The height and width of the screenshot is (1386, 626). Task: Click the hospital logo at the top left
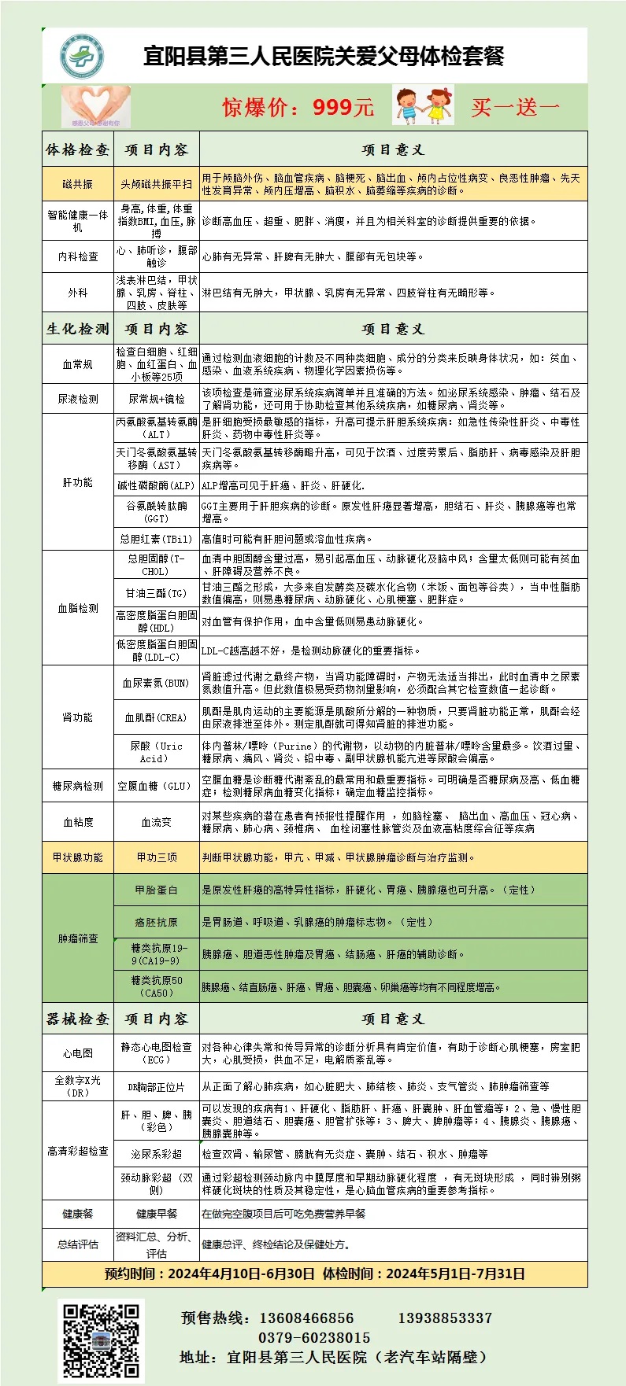(x=82, y=57)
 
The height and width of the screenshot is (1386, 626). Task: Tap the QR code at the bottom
(x=102, y=1341)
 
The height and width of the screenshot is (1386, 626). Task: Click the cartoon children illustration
(x=424, y=105)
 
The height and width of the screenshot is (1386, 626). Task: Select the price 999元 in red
(x=343, y=107)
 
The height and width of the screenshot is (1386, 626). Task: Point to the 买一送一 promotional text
(x=515, y=107)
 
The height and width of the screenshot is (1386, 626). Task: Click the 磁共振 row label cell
(x=78, y=184)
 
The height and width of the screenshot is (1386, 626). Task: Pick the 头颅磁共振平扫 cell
(x=157, y=184)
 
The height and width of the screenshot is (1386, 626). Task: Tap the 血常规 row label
(x=78, y=364)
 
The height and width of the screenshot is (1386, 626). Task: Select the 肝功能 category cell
(x=78, y=482)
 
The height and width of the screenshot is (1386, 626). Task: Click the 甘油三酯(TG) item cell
(x=157, y=593)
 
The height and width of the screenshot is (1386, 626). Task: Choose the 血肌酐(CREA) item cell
(x=157, y=717)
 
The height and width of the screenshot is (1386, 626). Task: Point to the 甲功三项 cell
(x=157, y=857)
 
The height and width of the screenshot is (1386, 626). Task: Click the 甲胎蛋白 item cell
(x=157, y=890)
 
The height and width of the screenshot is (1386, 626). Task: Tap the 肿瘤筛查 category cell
(x=78, y=938)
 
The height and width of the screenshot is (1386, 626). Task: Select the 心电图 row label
(x=78, y=1053)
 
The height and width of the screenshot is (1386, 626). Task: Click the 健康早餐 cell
(x=157, y=1214)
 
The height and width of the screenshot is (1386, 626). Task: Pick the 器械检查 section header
(x=78, y=1019)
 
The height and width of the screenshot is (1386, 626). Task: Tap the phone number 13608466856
(x=306, y=1318)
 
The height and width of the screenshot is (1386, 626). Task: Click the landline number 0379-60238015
(x=314, y=1337)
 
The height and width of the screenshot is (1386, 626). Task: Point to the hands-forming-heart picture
(x=96, y=106)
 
